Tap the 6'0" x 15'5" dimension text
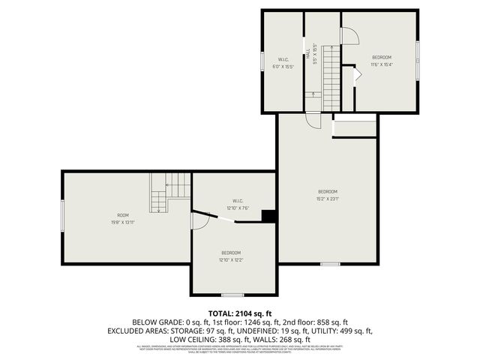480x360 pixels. [x=283, y=67]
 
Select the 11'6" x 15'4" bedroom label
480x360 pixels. [x=382, y=64]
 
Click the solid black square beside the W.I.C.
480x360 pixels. [x=268, y=216]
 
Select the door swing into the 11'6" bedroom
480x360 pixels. [x=349, y=34]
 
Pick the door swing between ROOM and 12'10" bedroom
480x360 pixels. [x=199, y=220]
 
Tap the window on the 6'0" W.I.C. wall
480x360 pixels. [x=262, y=61]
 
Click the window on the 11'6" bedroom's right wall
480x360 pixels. [x=417, y=58]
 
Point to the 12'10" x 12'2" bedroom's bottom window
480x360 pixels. [x=232, y=295]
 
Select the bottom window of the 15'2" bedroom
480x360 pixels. [x=330, y=264]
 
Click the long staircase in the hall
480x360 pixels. [x=331, y=75]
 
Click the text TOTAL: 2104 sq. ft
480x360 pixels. [x=240, y=313]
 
